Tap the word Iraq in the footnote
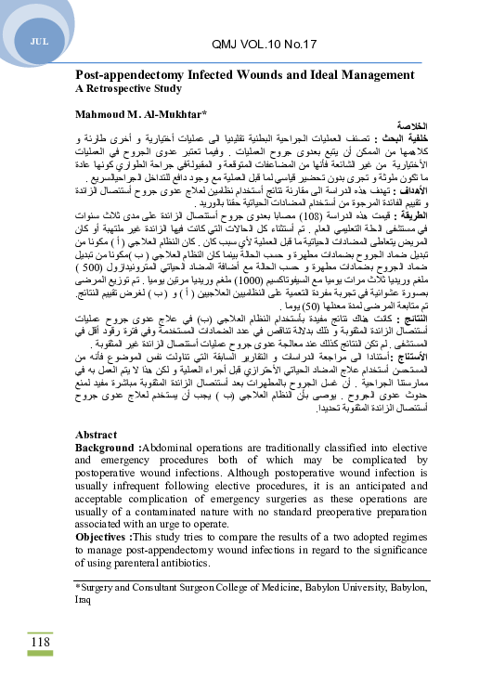pos(84,599)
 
